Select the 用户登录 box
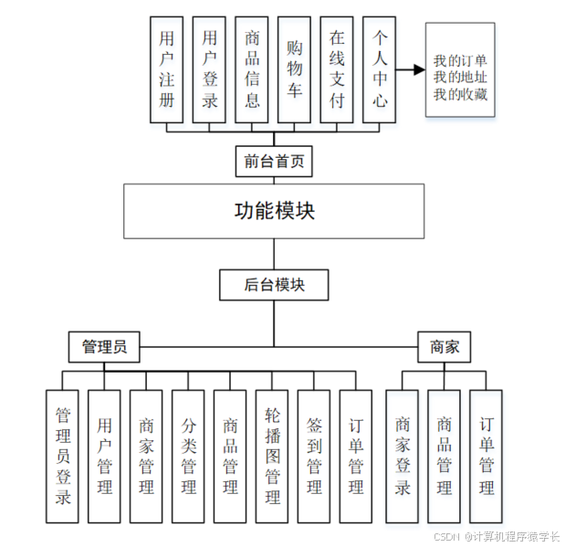(209, 69)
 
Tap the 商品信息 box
(252, 69)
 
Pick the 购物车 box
(294, 69)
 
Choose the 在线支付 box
(337, 69)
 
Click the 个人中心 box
(380, 69)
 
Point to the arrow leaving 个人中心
(413, 69)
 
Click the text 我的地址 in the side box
(460, 77)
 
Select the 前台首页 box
(273, 162)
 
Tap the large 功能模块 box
(274, 211)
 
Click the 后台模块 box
(273, 284)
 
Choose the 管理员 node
(104, 347)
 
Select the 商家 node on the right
(444, 347)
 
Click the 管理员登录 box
(63, 456)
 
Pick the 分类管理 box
(188, 456)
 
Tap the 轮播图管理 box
(272, 456)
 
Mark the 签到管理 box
(313, 456)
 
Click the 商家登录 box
(403, 456)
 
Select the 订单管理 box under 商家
(487, 456)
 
